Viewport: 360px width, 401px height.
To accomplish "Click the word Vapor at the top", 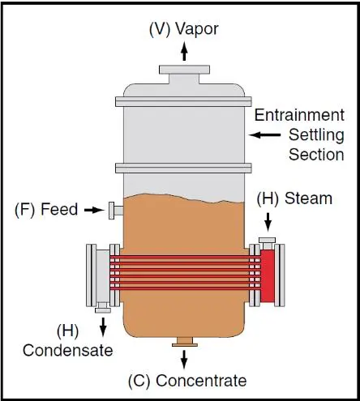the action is pos(197,29).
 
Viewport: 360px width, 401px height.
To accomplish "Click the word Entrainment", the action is pos(299,115).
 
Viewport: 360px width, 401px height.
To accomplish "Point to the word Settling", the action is pos(316,135).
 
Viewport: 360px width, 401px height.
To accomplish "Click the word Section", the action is pos(316,155).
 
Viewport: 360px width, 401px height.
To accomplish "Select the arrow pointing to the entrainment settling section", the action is pos(264,134).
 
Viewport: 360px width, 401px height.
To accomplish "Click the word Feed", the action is pos(59,209).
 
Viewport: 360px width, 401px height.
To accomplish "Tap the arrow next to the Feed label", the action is pos(94,210).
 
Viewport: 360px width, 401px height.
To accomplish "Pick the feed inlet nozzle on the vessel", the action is pos(116,211).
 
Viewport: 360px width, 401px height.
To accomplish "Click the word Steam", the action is pos(308,198).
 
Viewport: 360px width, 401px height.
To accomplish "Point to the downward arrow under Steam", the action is pos(268,222).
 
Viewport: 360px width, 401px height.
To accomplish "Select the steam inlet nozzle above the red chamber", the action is pos(267,243).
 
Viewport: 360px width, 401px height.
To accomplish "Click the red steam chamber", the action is pos(268,275).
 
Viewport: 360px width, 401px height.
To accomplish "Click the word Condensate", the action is pos(68,351).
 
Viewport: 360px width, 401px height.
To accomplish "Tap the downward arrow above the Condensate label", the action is pos(103,327).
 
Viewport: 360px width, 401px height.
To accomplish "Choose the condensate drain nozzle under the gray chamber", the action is pos(103,307).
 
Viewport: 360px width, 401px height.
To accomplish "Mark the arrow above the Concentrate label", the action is pos(184,360).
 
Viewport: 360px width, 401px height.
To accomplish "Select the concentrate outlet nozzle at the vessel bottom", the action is pos(185,342).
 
